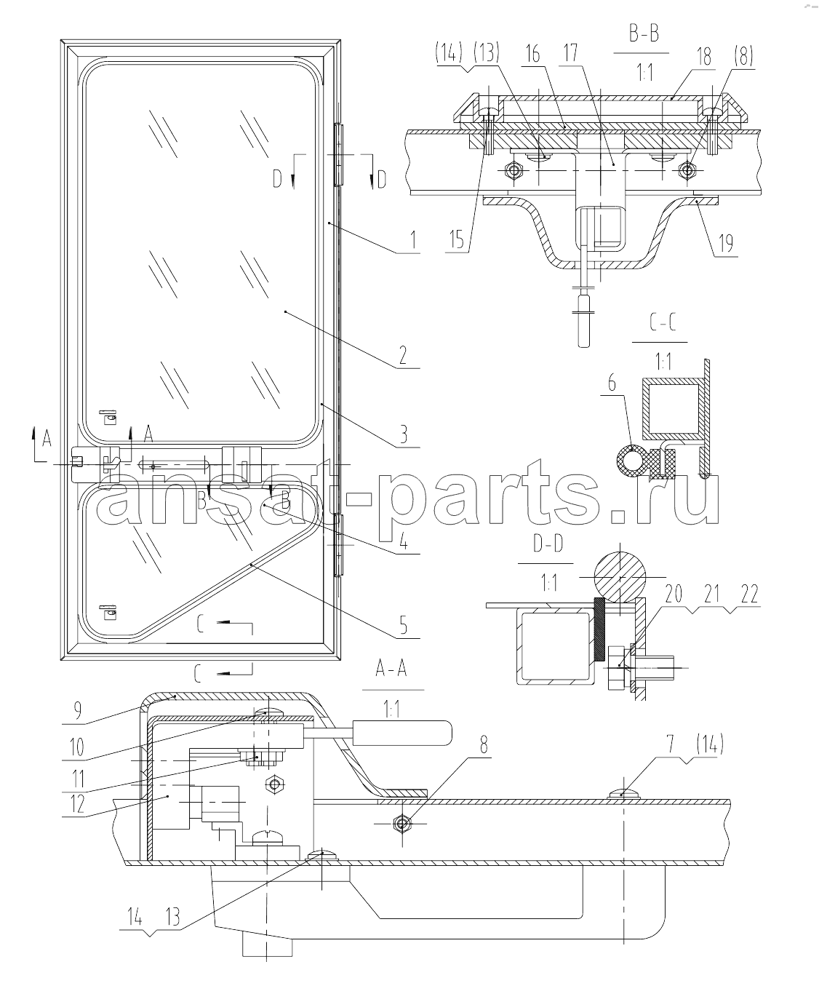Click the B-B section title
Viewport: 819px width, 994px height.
coord(644,35)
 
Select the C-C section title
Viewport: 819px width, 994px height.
coord(663,323)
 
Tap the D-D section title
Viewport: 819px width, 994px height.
coord(548,544)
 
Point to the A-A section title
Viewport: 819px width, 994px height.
coord(391,669)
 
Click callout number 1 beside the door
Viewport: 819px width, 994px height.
coord(413,239)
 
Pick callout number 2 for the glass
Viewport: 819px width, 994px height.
coord(403,354)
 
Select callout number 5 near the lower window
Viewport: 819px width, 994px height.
coord(403,625)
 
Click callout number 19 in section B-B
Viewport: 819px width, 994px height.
coord(725,243)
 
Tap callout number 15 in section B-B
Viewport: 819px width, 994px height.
coord(456,239)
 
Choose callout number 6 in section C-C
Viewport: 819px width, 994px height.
coord(612,383)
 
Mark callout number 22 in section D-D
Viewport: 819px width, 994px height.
coord(749,595)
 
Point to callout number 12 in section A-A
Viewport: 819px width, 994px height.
coord(76,803)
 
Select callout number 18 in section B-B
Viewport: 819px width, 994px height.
coord(703,57)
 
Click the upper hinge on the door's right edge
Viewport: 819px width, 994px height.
coord(338,154)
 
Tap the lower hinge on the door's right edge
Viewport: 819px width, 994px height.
coord(338,545)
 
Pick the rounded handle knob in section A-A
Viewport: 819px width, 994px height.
coord(401,733)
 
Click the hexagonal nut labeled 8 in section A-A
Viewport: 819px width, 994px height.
coord(402,824)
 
